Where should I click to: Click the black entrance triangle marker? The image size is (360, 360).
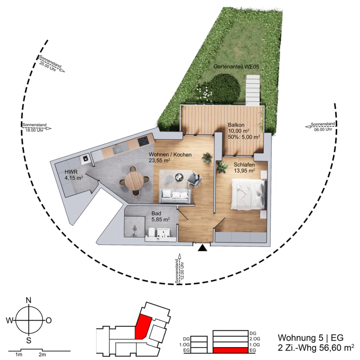(203, 248)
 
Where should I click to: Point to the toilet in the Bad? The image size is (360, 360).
(151, 233)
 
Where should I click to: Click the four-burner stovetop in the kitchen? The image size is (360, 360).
(143, 141)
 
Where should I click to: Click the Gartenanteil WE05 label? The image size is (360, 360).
(236, 66)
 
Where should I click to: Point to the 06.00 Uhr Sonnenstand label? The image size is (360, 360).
(323, 127)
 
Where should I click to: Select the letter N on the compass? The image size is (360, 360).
(29, 300)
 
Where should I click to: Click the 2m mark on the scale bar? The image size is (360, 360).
(42, 355)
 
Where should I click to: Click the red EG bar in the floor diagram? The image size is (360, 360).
(231, 350)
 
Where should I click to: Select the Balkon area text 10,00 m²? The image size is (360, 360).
(239, 131)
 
